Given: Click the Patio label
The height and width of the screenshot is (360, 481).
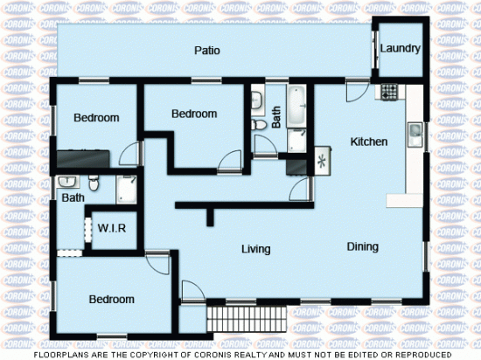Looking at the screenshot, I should (x=206, y=51).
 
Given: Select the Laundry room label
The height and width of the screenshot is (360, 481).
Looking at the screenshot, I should (x=401, y=48).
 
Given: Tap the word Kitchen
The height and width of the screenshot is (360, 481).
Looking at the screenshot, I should (x=369, y=142).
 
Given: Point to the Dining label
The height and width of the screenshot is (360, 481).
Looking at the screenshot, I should (x=362, y=247).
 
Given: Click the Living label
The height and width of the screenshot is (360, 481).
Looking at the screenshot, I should (x=256, y=249).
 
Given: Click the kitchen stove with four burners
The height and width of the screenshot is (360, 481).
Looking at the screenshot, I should (x=387, y=89).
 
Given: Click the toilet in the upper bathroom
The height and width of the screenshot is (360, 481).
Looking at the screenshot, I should (x=259, y=125).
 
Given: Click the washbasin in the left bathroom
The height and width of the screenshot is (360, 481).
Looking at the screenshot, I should (x=66, y=182).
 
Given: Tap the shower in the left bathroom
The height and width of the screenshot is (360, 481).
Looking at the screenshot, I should (x=127, y=188).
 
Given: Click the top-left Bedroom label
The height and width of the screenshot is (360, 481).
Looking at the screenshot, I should (x=96, y=118).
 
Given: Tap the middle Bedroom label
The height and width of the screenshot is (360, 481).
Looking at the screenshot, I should (x=193, y=114).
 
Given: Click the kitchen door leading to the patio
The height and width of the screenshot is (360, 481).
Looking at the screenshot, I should (x=358, y=88).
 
